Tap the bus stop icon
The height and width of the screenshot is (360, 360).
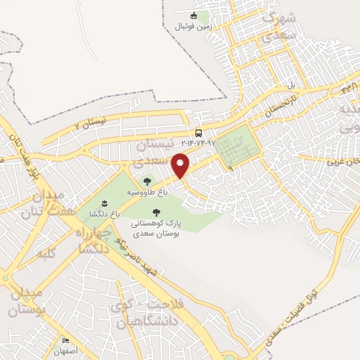(199, 133)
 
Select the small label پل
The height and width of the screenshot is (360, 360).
(290, 86)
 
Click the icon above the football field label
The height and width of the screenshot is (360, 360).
(194, 15)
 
